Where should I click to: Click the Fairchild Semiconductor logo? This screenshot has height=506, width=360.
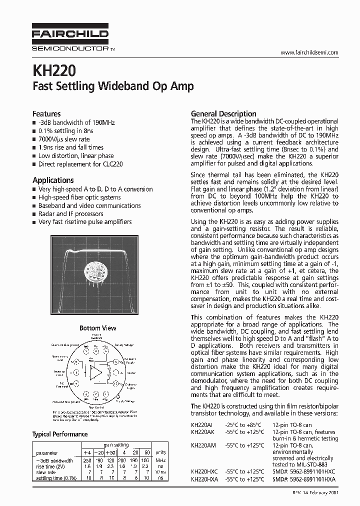coord(70,38)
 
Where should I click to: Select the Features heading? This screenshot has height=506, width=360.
coord(46,114)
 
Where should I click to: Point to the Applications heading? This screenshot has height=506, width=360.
coord(53,180)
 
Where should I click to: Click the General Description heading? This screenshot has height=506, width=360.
coord(223,113)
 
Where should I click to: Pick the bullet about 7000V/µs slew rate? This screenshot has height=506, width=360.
coord(64,139)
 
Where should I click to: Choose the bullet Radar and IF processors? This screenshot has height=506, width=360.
coord(70,213)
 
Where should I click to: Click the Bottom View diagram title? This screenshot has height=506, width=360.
coord(98,328)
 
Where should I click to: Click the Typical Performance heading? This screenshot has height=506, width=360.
coord(60,434)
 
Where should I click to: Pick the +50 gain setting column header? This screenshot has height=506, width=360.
coord(110,453)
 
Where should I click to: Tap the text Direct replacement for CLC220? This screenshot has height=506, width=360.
coord(80,164)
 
